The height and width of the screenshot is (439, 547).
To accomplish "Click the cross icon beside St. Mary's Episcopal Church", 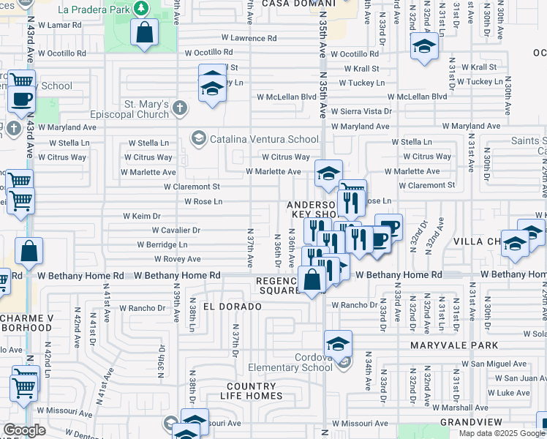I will click(x=180, y=109).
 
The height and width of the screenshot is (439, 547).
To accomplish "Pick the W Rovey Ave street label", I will click(x=177, y=259).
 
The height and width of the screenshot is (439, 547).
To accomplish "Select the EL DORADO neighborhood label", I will click(x=232, y=306).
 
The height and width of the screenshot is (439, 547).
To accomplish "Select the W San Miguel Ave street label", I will click(x=494, y=364).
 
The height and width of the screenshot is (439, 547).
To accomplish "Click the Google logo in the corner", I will click(x=24, y=430).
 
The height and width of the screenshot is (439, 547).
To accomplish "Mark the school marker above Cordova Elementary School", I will click(x=339, y=342).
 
